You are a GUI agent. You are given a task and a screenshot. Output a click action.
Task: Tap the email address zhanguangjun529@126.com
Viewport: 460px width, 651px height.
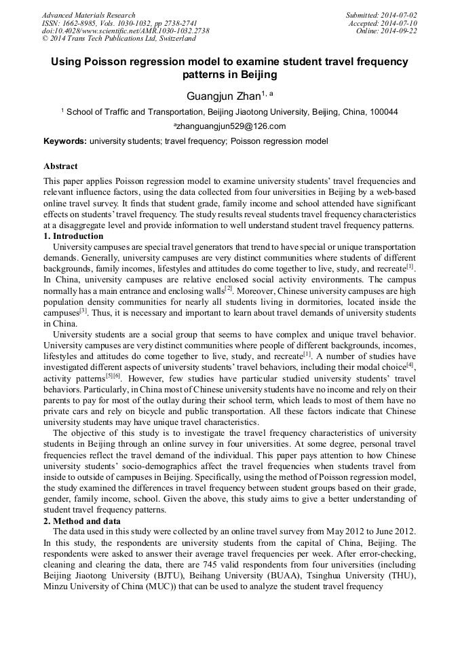(x=231, y=126)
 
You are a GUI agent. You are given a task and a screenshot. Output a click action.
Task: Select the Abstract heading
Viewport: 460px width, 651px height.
(x=60, y=166)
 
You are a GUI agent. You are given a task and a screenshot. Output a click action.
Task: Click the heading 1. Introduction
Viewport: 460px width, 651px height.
(x=73, y=236)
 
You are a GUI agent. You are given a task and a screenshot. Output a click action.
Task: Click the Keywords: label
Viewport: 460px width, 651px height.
(x=64, y=142)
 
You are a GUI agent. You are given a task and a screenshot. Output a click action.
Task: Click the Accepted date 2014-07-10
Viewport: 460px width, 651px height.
(x=400, y=23)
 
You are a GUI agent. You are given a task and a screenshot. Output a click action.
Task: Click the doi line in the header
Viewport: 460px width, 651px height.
(x=126, y=31)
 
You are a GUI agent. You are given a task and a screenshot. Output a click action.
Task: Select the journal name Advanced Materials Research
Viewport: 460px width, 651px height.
(x=88, y=15)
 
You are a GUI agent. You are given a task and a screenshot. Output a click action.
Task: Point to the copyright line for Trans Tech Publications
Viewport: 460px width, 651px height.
(x=118, y=39)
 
